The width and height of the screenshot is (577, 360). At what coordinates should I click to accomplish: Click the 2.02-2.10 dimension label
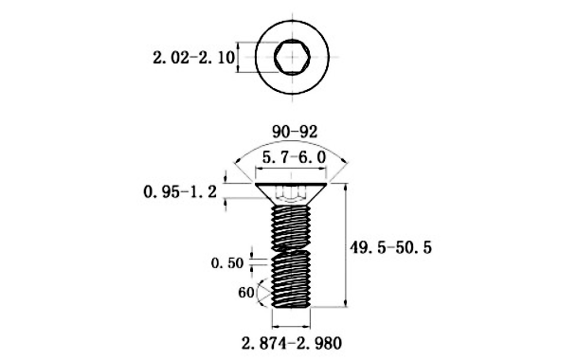193,58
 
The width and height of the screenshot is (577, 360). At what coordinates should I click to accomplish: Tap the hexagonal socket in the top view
292,57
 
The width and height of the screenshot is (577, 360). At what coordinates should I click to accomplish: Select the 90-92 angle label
295,132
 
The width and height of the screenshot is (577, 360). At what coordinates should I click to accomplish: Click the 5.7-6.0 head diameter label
294,157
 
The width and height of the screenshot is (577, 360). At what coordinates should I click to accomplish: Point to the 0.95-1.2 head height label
180,191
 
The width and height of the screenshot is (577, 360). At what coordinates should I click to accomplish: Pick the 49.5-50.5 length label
390,247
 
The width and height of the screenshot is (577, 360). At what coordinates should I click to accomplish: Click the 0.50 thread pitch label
227,262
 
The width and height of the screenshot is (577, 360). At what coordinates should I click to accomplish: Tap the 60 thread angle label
246,293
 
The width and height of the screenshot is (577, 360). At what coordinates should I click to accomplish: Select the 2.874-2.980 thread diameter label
292,343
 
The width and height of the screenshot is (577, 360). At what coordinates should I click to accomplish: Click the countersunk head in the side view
291,194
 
